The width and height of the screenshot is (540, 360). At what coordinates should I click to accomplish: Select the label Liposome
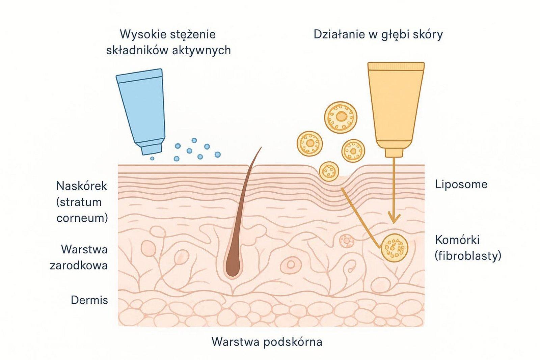point(461,184)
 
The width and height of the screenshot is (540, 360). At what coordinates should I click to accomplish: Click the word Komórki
point(457,240)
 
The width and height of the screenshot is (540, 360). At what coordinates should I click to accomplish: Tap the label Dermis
point(89,300)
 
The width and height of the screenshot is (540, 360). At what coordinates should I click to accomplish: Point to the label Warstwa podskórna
point(267,342)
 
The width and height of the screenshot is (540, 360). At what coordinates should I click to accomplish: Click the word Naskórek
point(81,186)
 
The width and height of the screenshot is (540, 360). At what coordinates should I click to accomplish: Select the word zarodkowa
point(79,266)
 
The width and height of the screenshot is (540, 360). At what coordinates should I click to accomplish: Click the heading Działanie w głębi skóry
point(378,34)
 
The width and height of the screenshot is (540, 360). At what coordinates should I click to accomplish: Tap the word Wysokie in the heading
point(139,34)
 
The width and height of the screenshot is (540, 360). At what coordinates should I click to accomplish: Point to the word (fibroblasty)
point(468,256)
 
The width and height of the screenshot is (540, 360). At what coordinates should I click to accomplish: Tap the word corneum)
point(82,218)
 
